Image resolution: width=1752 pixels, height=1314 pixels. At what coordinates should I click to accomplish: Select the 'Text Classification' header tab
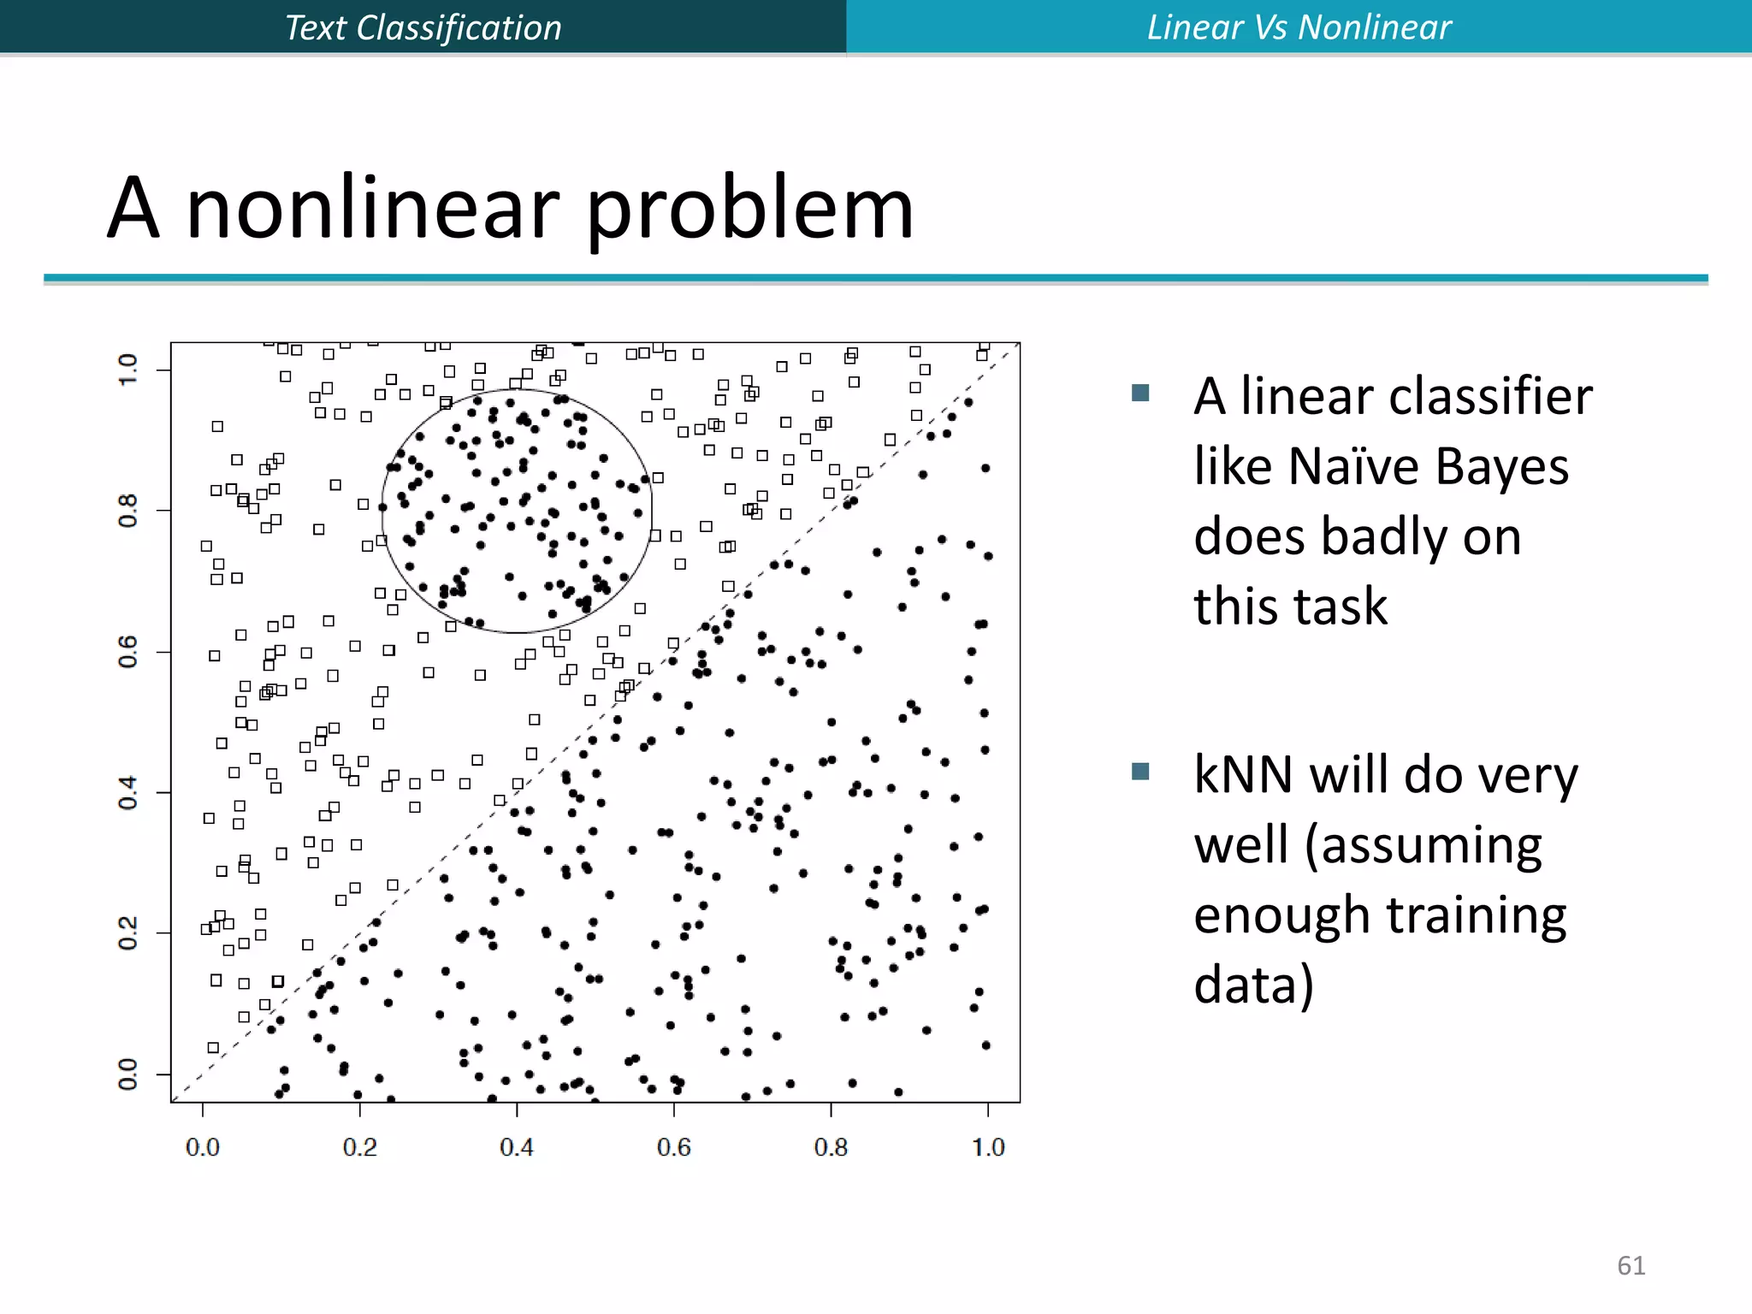pyautogui.click(x=423, y=27)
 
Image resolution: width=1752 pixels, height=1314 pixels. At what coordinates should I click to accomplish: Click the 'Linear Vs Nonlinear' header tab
pyautogui.click(x=1299, y=27)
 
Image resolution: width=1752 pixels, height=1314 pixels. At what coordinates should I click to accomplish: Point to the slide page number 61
pyautogui.click(x=1631, y=1265)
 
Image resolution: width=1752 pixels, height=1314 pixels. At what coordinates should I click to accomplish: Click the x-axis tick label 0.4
pyautogui.click(x=517, y=1147)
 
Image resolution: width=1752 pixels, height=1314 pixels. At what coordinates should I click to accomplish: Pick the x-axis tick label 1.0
pyautogui.click(x=988, y=1147)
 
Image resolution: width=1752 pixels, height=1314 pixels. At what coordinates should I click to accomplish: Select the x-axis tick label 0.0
pyautogui.click(x=203, y=1147)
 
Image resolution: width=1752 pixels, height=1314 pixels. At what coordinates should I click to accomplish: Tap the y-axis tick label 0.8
pyautogui.click(x=127, y=511)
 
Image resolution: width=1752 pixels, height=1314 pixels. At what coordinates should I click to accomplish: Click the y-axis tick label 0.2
pyautogui.click(x=127, y=932)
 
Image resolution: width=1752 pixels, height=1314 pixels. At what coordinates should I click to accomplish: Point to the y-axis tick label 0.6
pyautogui.click(x=127, y=652)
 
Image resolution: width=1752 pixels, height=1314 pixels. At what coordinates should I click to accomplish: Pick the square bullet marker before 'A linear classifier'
pyautogui.click(x=1139, y=393)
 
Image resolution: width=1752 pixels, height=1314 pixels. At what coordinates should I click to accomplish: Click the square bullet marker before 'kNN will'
pyautogui.click(x=1139, y=772)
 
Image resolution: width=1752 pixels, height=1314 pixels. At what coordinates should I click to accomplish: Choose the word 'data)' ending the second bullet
pyautogui.click(x=1253, y=985)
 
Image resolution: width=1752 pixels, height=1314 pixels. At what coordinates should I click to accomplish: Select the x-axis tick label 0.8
pyautogui.click(x=831, y=1147)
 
